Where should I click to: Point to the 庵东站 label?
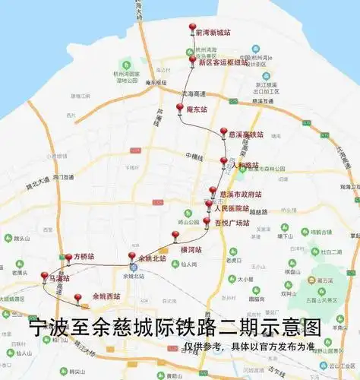[197, 109]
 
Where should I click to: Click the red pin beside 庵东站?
[180, 109]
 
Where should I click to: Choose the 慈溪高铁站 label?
[246, 135]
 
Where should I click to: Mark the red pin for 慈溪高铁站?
[223, 132]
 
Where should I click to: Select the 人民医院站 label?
[232, 208]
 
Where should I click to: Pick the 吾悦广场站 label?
[232, 223]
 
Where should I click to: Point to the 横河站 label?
[191, 249]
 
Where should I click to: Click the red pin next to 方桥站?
[68, 258]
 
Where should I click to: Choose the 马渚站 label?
[59, 279]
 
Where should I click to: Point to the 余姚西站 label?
[106, 296]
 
